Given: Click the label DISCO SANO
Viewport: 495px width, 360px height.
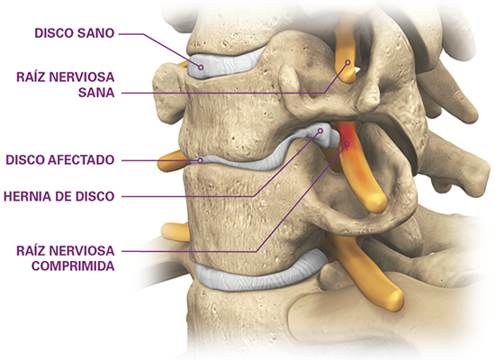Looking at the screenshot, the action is click(x=74, y=32).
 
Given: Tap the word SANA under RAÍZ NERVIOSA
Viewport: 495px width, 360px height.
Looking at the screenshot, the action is click(x=96, y=93).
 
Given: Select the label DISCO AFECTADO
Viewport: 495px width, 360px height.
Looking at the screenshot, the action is click(x=60, y=160).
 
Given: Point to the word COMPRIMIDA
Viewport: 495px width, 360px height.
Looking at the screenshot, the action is click(x=73, y=265).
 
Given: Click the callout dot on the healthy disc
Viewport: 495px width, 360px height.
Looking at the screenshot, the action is click(x=201, y=67).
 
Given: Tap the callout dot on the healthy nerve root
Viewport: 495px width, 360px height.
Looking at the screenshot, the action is click(x=348, y=62).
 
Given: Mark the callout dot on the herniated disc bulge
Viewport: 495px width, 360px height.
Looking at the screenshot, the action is click(x=320, y=130).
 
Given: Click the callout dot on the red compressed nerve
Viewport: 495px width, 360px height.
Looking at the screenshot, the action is click(x=347, y=144).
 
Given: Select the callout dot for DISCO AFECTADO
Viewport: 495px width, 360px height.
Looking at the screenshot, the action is click(x=200, y=160).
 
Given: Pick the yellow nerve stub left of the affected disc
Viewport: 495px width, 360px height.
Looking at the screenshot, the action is click(x=172, y=160).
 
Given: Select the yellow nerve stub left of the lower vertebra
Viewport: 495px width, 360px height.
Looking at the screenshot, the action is click(x=175, y=232).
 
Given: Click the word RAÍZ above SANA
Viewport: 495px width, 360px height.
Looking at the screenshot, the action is click(x=31, y=76).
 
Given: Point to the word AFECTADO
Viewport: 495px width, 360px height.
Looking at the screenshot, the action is click(x=81, y=160).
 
